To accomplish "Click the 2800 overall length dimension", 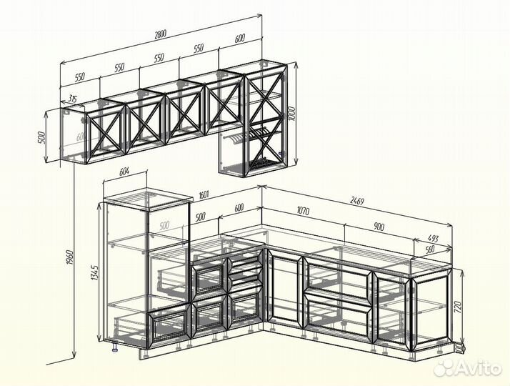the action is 160,34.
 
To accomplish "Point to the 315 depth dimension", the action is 72,99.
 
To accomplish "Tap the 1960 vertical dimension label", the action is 70,257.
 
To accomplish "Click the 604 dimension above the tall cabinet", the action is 124,172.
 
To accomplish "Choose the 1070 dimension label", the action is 303,211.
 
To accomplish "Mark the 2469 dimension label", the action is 356,199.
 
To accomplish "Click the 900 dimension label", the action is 379,226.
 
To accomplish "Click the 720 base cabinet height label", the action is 458,306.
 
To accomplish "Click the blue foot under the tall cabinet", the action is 115,350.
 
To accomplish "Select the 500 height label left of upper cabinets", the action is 41,137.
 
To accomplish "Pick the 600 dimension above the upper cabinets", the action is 239,39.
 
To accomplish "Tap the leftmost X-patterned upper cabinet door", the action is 106,134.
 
